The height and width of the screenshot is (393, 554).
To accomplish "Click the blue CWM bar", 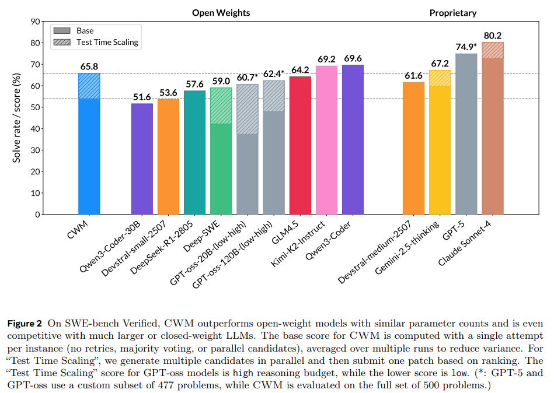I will [89, 146].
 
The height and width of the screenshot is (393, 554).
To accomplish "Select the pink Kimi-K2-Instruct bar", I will [326, 140].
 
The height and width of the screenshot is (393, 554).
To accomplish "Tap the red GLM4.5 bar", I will [300, 146].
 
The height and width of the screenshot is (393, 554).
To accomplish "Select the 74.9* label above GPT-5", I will [466, 46].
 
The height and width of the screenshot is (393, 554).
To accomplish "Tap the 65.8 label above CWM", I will [89, 66].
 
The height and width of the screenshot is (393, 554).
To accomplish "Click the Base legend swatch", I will [61, 31].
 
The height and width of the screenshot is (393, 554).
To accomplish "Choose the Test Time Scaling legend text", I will [107, 42].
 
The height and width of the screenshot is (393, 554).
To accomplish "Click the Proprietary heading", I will [452, 12].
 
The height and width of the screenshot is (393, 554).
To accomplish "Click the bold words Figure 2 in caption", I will [26, 322].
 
